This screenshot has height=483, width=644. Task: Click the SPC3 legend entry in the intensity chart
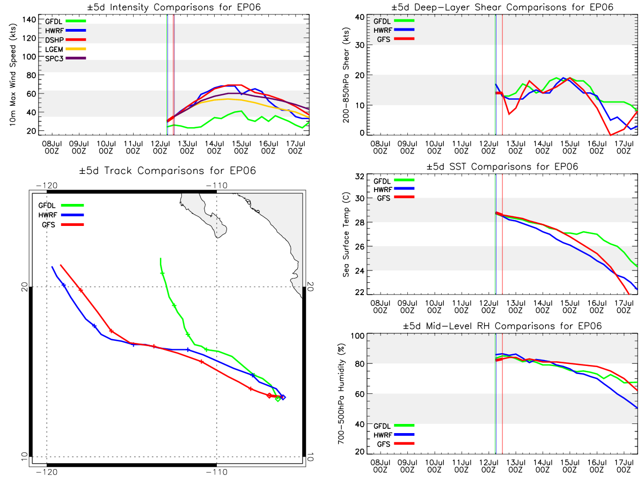point(65,58)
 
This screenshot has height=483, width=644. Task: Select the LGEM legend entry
point(65,49)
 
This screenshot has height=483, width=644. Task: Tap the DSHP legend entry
point(65,40)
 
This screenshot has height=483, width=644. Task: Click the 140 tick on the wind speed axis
point(30,20)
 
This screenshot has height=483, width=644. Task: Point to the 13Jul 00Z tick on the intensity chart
point(187,147)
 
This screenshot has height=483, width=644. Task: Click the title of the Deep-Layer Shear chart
point(502,7)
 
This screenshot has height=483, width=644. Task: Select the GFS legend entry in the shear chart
point(396,39)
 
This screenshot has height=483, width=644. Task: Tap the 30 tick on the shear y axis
point(360,45)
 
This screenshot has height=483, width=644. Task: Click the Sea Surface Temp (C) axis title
point(346,235)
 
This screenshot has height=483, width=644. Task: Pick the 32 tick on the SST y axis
point(360,177)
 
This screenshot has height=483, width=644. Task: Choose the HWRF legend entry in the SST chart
point(394,189)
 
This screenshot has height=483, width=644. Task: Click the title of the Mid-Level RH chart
point(502,326)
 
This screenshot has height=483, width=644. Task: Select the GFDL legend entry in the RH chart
point(394,426)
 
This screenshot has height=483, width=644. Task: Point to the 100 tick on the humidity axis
point(358,335)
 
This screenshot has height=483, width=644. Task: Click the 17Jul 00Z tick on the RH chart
point(624,466)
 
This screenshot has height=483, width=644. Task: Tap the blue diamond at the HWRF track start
point(283,397)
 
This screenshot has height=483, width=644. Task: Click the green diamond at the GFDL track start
point(278,399)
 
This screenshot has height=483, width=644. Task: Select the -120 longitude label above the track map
point(47,185)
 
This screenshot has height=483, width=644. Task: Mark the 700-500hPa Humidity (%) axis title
point(341,393)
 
